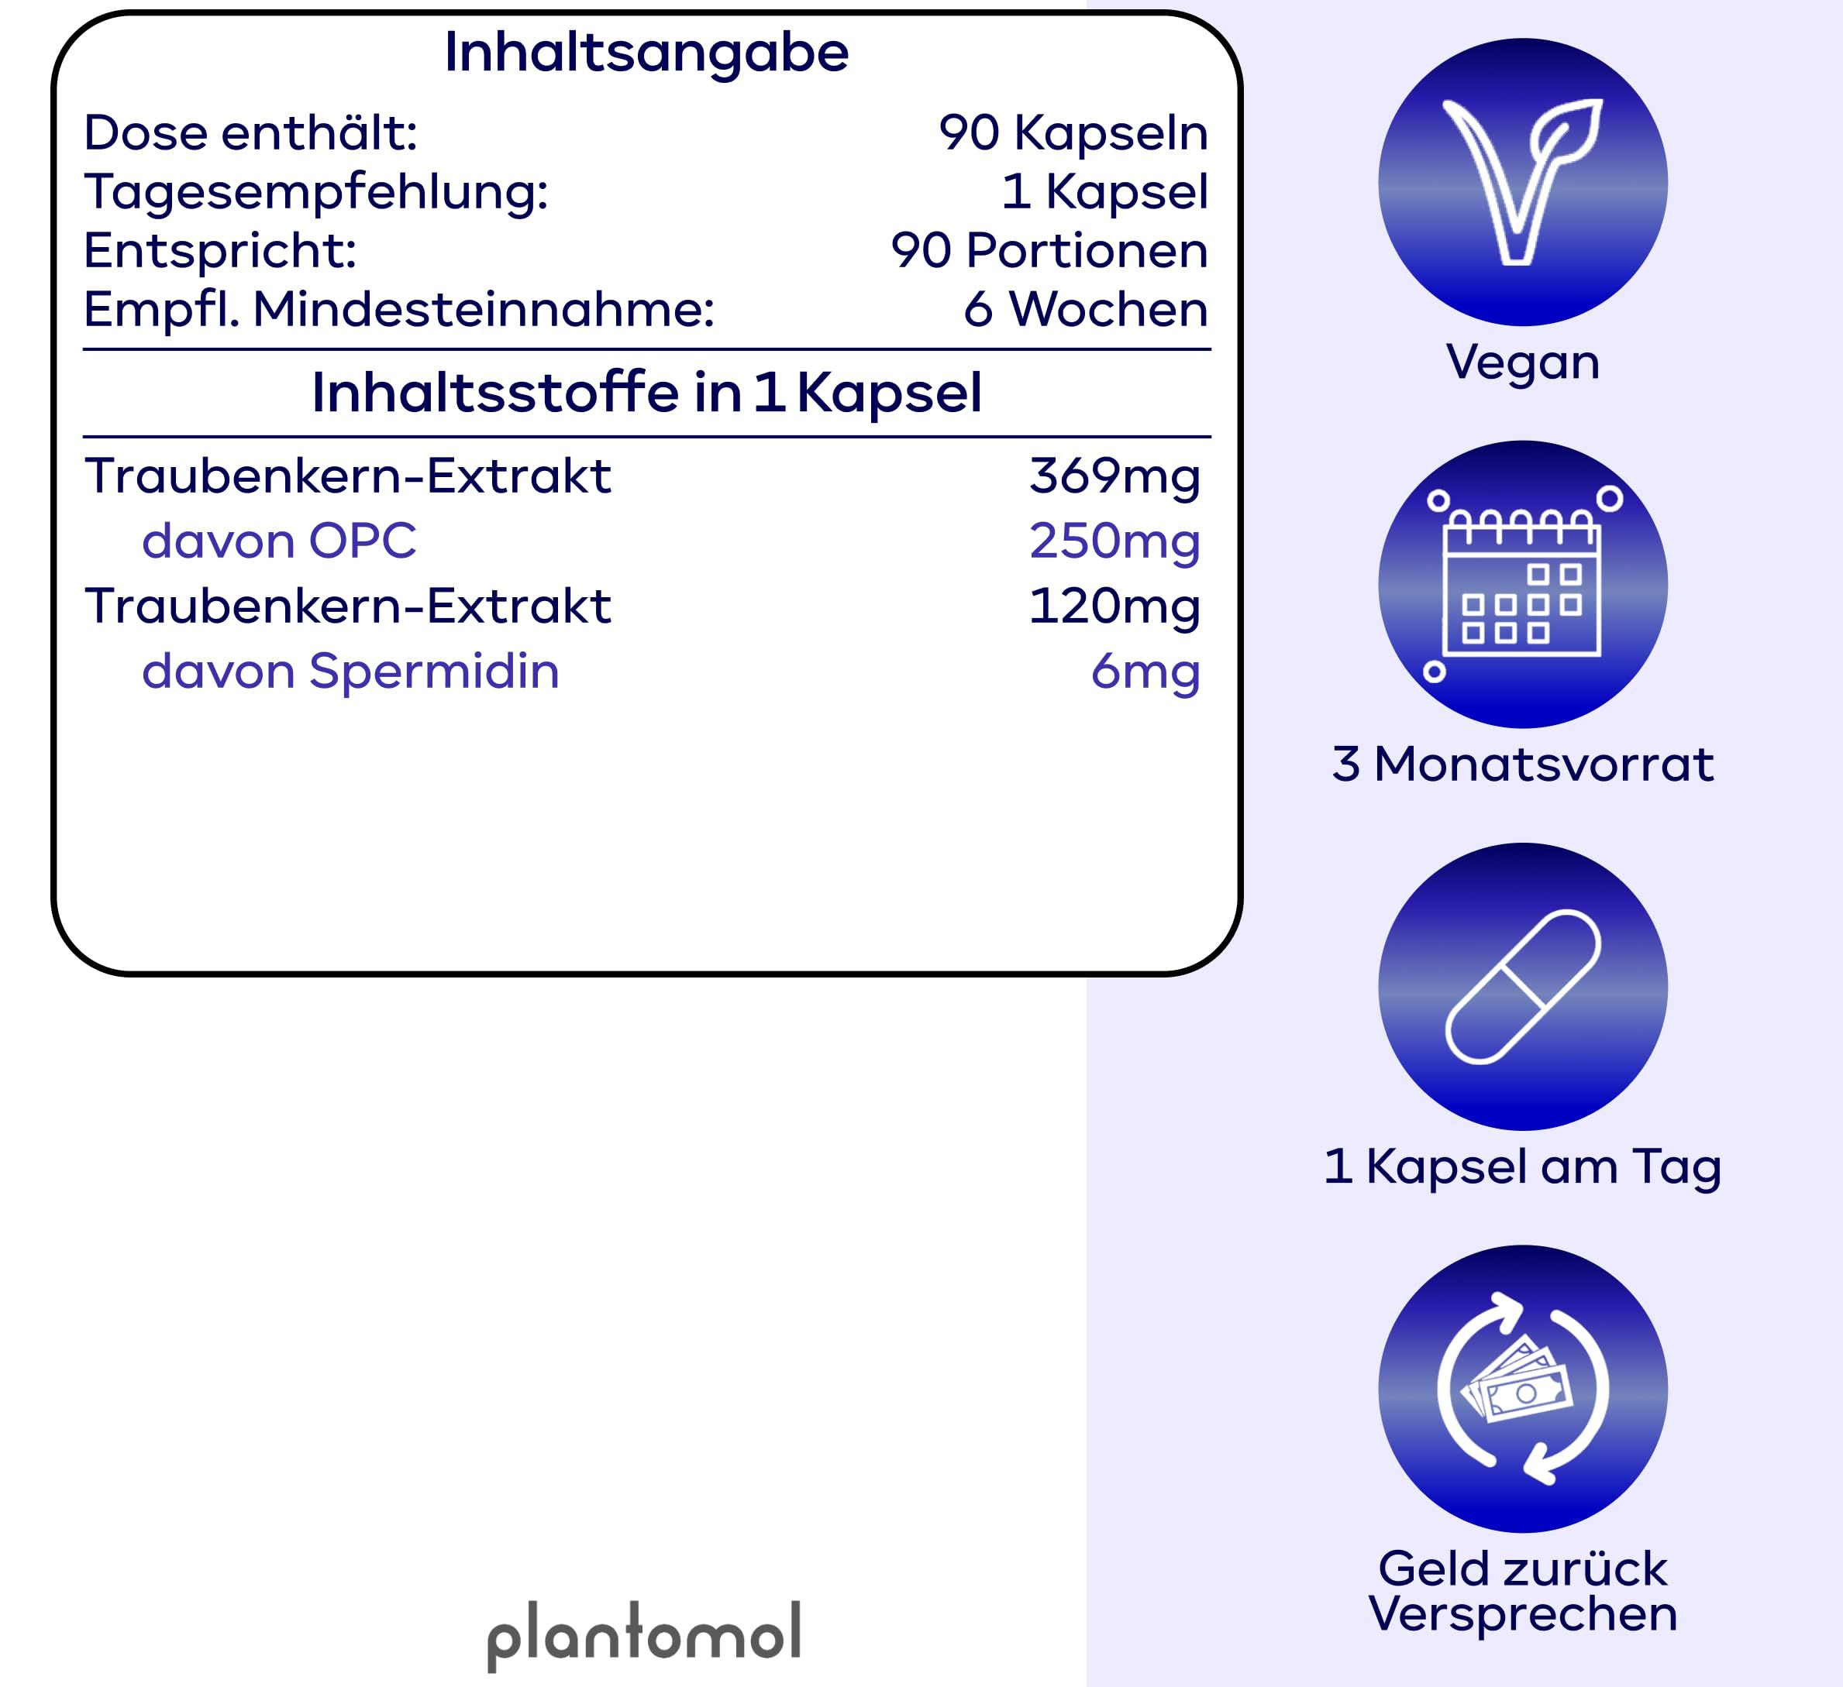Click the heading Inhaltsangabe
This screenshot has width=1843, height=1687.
click(646, 53)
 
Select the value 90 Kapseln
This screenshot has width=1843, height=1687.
click(1073, 133)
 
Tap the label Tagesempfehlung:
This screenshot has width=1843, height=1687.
click(316, 193)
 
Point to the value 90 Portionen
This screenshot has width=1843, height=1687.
click(1049, 251)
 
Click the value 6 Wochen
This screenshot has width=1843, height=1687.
click(1085, 310)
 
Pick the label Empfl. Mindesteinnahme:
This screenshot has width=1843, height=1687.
click(398, 310)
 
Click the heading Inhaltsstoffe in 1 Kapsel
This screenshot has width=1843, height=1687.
click(646, 393)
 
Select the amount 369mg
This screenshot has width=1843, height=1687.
click(1114, 476)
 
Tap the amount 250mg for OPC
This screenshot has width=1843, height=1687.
click(1114, 541)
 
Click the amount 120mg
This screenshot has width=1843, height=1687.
click(1114, 606)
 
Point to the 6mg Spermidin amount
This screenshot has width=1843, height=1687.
click(1145, 672)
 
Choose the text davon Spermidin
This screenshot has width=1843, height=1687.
click(350, 672)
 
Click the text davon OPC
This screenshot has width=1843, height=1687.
click(279, 541)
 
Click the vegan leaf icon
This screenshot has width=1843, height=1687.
click(1523, 182)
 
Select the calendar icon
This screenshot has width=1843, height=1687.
click(1523, 585)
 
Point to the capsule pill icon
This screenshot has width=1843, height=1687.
click(1523, 987)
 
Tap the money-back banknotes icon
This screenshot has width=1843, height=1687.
click(1523, 1389)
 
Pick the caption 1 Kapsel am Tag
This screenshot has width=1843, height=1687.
click(1523, 1167)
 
